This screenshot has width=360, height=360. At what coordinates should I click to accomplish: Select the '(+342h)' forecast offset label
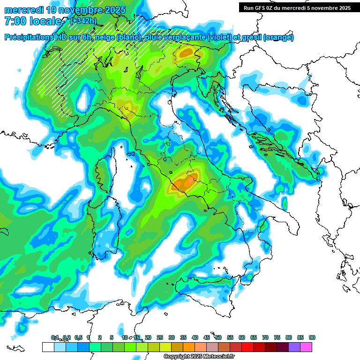(83, 21)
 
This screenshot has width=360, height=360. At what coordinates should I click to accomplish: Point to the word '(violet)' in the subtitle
(223, 37)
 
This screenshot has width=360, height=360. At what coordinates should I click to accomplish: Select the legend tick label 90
(312, 337)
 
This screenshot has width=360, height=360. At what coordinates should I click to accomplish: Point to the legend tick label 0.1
(55, 337)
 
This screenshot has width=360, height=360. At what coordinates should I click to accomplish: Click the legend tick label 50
(218, 337)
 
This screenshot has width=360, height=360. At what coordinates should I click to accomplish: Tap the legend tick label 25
(160, 337)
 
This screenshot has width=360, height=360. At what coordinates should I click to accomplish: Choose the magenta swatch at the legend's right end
(306, 347)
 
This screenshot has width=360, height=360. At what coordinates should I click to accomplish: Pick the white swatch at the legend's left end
(48, 347)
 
